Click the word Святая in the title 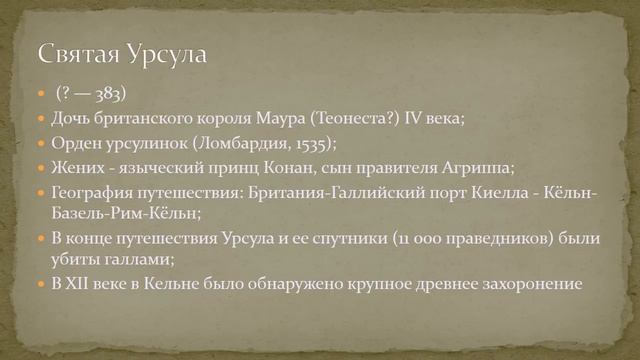coord(78,54)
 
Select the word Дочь coord(72,119)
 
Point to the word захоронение coord(527,284)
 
